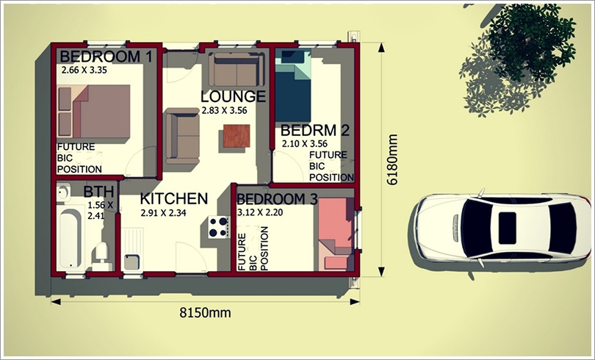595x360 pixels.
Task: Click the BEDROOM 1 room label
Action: coord(106,57)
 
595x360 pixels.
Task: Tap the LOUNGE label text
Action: coord(233,97)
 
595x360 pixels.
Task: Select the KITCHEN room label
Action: coord(174,199)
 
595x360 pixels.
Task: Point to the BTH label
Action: coord(98,192)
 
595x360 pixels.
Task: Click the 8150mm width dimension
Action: coord(205,313)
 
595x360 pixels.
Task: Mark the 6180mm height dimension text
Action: coord(392,159)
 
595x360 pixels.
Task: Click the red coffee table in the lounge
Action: coord(237,136)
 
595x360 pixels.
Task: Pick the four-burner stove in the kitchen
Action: coord(219,227)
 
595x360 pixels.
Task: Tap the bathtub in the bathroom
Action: coord(71,238)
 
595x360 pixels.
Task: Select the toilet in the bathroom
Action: coord(101,252)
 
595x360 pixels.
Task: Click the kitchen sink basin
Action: coord(131,262)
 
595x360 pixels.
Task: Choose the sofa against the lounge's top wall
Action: coord(237,69)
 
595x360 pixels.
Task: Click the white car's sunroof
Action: coord(507,228)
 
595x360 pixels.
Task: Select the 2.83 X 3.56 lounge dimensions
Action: coord(224,110)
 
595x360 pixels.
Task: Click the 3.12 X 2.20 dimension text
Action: coord(260,212)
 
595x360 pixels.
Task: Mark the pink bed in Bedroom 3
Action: coord(335,234)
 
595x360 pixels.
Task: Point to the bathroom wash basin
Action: coord(63,192)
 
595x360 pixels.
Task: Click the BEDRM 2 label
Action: coord(314,131)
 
